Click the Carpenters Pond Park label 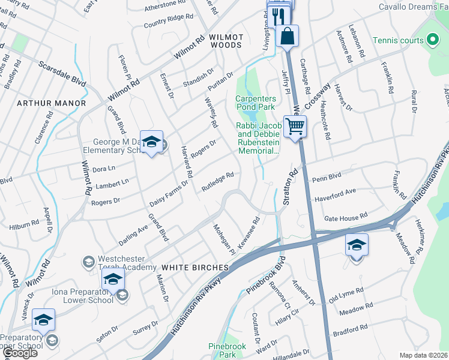[x=256, y=103]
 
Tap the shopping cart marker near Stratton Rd [x=294, y=127]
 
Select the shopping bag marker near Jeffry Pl [x=288, y=35]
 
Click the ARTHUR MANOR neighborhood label [x=43, y=103]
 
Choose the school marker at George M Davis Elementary [x=151, y=142]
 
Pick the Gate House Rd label [x=345, y=217]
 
